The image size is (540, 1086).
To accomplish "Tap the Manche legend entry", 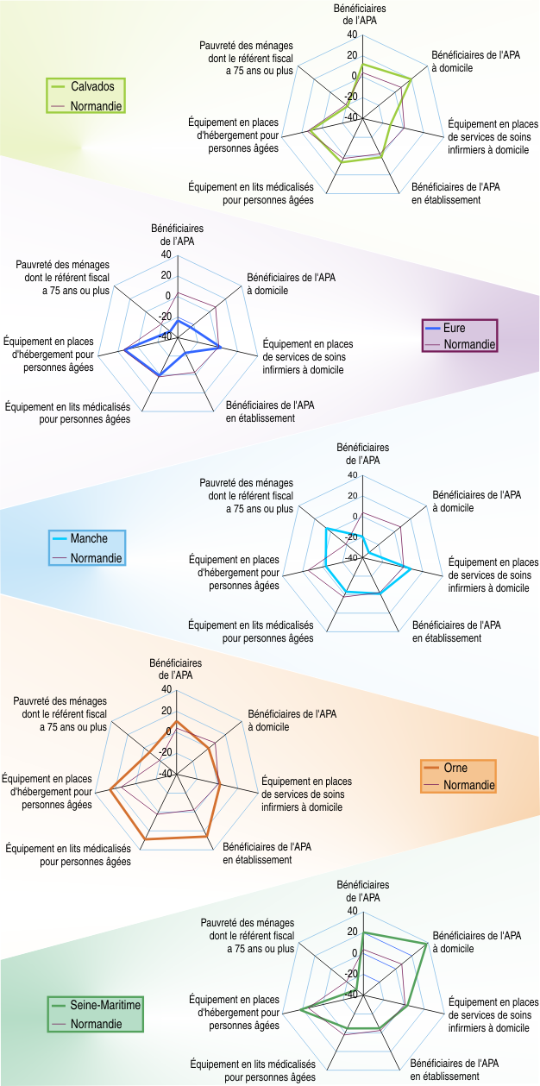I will [90, 539].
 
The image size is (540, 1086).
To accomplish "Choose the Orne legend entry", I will [457, 769].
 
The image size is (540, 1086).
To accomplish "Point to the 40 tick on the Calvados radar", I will [351, 35].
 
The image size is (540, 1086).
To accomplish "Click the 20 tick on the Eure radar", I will [166, 276].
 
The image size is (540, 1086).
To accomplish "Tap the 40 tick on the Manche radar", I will [351, 475].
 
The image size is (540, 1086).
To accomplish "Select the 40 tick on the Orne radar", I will [166, 689].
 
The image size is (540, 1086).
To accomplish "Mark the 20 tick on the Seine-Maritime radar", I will [351, 932].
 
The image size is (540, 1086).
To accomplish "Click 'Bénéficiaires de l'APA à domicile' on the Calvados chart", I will [464, 61].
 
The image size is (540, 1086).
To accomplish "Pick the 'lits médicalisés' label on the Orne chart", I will [68, 854].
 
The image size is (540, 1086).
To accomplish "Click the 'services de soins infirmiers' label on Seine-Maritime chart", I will [493, 1015].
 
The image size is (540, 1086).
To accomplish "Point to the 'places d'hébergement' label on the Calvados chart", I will [233, 135].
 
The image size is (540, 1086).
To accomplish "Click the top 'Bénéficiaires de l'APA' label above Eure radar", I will [177, 235].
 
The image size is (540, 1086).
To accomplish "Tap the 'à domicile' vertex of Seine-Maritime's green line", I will [427, 943].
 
